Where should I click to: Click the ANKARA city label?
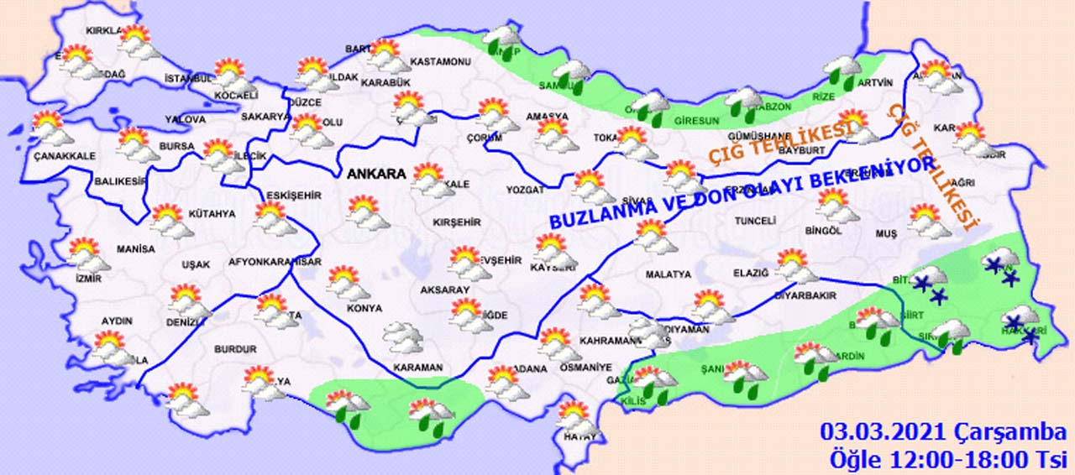[377, 174]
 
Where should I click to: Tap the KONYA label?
[363, 308]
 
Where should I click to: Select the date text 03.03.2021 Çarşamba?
[943, 433]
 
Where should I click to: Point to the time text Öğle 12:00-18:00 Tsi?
[947, 459]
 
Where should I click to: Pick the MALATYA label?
[668, 274]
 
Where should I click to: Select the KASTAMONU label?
[440, 62]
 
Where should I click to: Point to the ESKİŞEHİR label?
[293, 196]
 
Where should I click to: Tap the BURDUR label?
[235, 348]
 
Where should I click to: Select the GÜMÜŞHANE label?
[759, 135]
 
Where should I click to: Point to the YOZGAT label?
[526, 191]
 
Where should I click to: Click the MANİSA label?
[135, 249]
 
